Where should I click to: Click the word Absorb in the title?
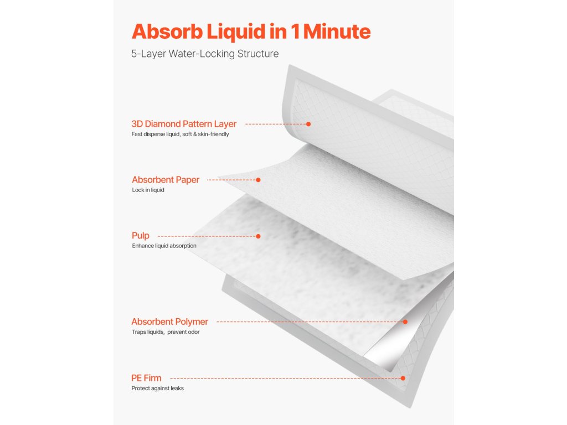[x=167, y=32]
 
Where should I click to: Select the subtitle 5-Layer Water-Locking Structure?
[x=205, y=54]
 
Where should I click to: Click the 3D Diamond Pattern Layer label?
[x=184, y=124]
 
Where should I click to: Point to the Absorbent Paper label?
[x=166, y=180]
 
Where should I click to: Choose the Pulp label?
[x=141, y=236]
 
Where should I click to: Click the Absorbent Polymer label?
[x=169, y=322]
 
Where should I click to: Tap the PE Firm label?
[x=146, y=378]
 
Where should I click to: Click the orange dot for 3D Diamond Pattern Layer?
[x=308, y=124]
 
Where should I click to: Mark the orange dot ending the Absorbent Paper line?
[x=258, y=180]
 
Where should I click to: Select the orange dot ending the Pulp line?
[x=258, y=236]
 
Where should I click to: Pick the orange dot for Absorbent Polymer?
[x=405, y=322]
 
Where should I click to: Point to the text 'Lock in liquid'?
[x=148, y=190]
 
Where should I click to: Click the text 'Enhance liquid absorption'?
[x=164, y=246]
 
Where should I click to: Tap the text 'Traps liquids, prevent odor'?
[x=165, y=332]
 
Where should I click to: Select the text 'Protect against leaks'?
[x=157, y=388]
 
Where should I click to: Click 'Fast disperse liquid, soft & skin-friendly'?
[x=180, y=134]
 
